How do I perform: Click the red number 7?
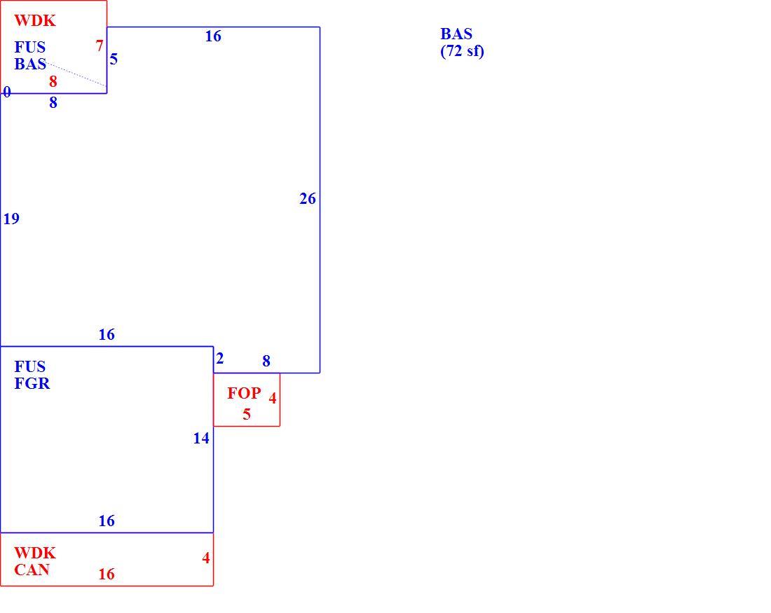[100, 46]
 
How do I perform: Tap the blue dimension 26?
[307, 198]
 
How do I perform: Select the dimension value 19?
[11, 219]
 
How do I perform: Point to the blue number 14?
[201, 438]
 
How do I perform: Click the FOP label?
[244, 393]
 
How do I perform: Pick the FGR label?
[32, 383]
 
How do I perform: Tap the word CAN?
[32, 570]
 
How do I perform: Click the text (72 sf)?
[462, 51]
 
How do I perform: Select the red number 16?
[107, 574]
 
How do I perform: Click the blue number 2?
[220, 359]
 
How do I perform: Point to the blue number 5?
[114, 60]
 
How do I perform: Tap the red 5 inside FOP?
[247, 415]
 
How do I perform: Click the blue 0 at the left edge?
[7, 92]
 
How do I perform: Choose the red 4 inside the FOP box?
[273, 398]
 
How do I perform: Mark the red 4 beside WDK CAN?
[206, 558]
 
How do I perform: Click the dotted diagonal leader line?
[76, 74]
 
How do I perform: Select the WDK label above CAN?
[35, 553]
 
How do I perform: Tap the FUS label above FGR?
[30, 366]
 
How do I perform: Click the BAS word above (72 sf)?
[456, 34]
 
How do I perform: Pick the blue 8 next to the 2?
[266, 361]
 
